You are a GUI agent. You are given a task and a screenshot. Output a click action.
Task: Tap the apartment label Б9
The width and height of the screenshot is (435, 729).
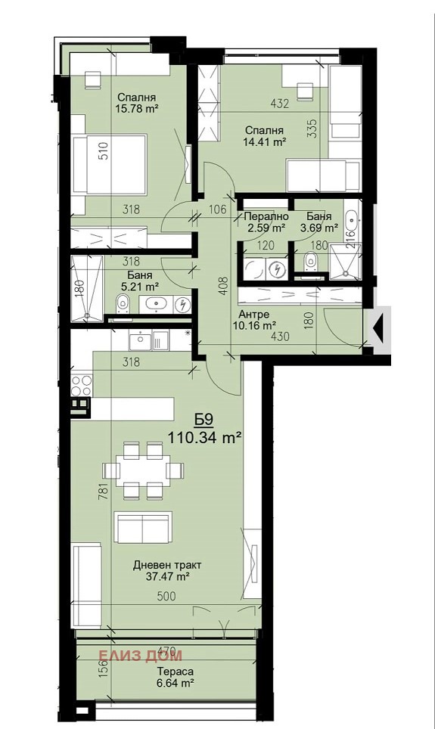[204, 420]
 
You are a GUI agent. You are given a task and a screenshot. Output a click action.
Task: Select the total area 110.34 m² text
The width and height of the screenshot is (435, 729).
[204, 438]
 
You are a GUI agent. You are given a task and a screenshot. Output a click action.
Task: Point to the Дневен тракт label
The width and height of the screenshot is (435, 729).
[167, 566]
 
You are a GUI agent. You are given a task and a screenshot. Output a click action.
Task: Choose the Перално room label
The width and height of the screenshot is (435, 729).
[266, 216]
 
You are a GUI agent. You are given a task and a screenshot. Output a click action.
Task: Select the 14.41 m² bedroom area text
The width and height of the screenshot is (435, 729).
[264, 142]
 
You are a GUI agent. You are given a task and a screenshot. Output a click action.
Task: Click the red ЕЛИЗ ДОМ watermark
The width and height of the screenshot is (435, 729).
[141, 655]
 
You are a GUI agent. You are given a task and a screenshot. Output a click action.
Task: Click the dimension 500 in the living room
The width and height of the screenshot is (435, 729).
[166, 596]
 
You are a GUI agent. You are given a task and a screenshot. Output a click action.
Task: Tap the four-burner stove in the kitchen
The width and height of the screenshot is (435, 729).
[82, 385]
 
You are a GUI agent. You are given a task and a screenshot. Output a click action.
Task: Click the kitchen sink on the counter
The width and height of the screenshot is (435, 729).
[139, 342]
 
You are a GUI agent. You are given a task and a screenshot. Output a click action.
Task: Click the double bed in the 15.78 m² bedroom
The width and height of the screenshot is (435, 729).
[110, 163]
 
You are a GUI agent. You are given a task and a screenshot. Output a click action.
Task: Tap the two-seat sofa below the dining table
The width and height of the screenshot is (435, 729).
[143, 527]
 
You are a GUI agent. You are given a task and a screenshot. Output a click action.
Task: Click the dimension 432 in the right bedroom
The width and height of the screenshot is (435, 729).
[280, 103]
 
